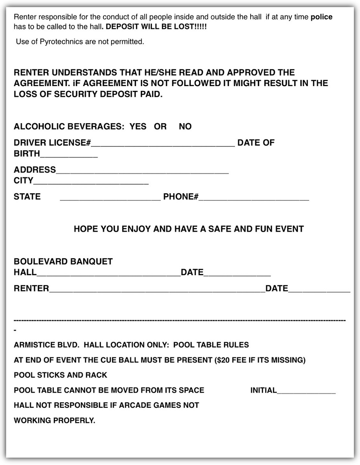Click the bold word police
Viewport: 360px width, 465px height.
(x=321, y=17)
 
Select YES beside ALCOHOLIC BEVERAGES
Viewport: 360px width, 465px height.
(x=138, y=127)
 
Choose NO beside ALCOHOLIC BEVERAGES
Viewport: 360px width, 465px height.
(x=185, y=127)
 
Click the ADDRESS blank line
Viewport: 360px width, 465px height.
(x=142, y=172)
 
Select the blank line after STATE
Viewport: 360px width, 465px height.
(x=110, y=199)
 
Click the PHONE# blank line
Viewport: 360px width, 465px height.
(x=254, y=199)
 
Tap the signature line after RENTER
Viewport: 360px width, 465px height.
(x=157, y=291)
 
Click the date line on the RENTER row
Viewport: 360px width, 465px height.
(x=319, y=291)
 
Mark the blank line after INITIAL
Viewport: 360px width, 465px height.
(x=306, y=392)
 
